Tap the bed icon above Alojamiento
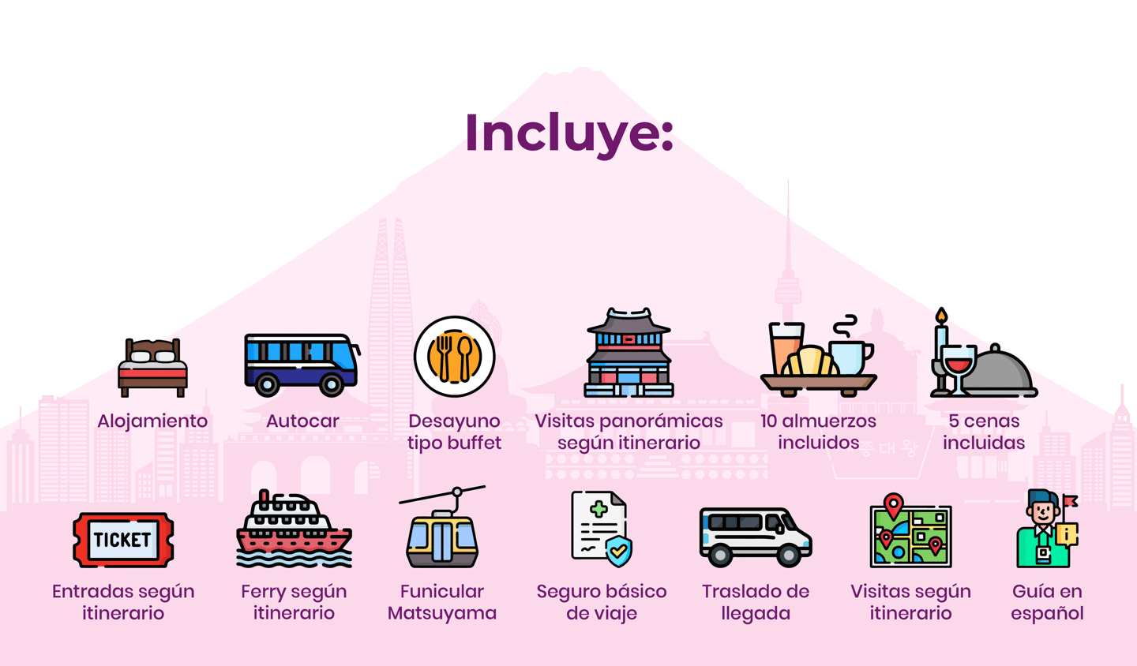pos(152,367)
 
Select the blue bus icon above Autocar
pos(301,364)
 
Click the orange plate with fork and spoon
pos(454,357)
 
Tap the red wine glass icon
pos(959,366)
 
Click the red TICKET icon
pos(122,540)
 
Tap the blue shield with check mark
pos(618,550)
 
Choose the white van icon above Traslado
pos(754,537)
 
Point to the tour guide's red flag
pos(1069,500)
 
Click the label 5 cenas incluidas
pos(983,432)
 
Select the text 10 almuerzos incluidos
pos(818,432)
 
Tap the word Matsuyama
pos(442,613)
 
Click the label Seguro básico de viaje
pos(602,602)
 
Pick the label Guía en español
pos(1047,602)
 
